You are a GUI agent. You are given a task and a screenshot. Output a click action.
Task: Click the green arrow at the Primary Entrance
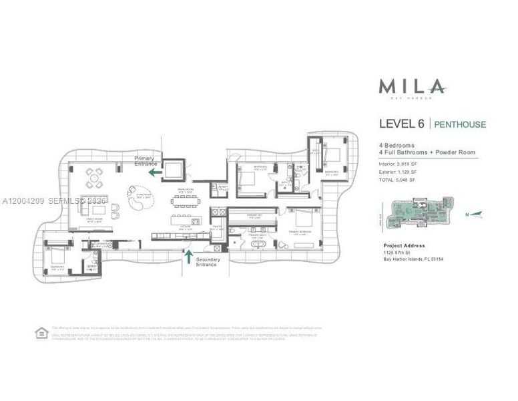155,172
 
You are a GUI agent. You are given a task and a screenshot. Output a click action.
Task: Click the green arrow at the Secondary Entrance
188,255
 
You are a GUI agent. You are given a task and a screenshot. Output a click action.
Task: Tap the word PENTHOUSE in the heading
461,124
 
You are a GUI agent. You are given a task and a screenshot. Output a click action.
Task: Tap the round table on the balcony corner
95,178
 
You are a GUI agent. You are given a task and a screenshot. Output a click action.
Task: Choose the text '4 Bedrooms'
398,145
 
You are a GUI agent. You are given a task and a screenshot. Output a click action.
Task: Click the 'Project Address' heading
404,245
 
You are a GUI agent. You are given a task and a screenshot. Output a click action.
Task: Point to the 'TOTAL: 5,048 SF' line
398,180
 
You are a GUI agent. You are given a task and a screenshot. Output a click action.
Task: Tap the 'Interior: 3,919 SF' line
398,162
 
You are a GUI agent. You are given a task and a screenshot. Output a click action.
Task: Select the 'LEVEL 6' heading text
403,124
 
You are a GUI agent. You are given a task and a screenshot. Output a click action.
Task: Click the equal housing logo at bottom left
41,332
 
